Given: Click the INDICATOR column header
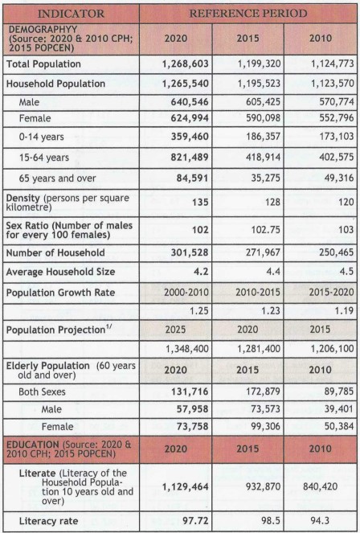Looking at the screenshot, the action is [x=71, y=14].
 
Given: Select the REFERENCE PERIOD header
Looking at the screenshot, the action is [x=248, y=14].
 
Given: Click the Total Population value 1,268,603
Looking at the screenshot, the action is [x=186, y=64].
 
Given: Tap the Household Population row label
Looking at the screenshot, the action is [x=55, y=84].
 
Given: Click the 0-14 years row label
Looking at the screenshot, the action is [x=42, y=137].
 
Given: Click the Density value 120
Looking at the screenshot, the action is [x=346, y=202].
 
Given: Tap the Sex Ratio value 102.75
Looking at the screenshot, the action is [x=266, y=229].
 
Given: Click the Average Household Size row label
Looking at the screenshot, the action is [x=60, y=272].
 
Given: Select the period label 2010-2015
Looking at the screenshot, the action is [x=259, y=293].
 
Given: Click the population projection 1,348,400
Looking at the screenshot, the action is [x=186, y=349].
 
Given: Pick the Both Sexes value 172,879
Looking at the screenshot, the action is [x=264, y=392].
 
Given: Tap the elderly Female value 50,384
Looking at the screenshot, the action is [x=338, y=426].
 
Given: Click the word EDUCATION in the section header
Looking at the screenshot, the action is [x=33, y=445].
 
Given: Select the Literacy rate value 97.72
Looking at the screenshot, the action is [x=195, y=521].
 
